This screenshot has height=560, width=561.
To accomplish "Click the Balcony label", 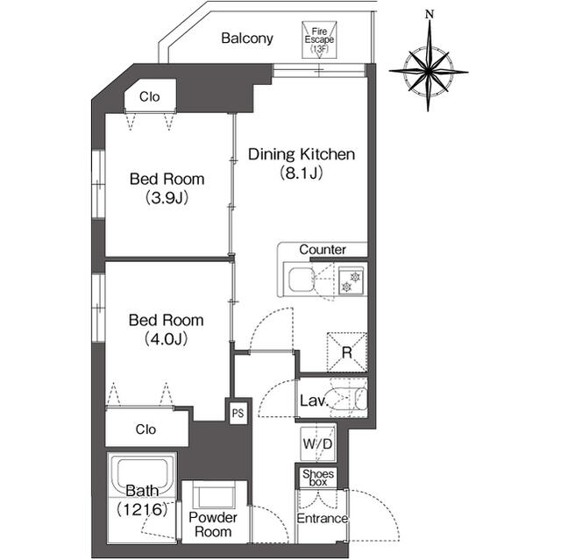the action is pos(247,39).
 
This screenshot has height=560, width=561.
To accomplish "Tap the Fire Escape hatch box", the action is pos(319,39).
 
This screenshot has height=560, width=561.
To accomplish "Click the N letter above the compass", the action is pos(430,15).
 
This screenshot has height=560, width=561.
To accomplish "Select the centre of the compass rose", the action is pos(429,72).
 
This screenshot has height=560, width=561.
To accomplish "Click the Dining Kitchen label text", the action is pos(302,154).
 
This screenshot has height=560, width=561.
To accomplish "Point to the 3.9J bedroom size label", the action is pos(167,198).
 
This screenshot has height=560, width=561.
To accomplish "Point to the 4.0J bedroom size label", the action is pos(167,339).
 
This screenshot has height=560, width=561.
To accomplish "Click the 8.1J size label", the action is pos(302,173).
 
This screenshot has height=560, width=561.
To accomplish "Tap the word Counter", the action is pos(323,249).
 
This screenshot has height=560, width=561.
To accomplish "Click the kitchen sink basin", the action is pos(302,280).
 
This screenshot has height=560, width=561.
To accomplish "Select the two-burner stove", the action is pos(351,281).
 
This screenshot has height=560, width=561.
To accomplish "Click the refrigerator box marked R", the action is pos(347,352).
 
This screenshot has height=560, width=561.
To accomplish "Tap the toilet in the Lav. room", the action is pos(349,398).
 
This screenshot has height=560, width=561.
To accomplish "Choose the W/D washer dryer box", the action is pos(318,443).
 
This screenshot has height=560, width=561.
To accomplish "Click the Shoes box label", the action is pos(318,478).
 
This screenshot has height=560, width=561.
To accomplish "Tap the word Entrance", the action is pos(322,518).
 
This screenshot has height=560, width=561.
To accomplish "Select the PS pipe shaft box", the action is pos(238,413).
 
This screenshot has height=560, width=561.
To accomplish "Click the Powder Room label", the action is pos(213,524).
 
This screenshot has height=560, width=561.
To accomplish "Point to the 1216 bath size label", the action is pos(142,509).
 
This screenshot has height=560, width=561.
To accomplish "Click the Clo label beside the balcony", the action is pos(150,96).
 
